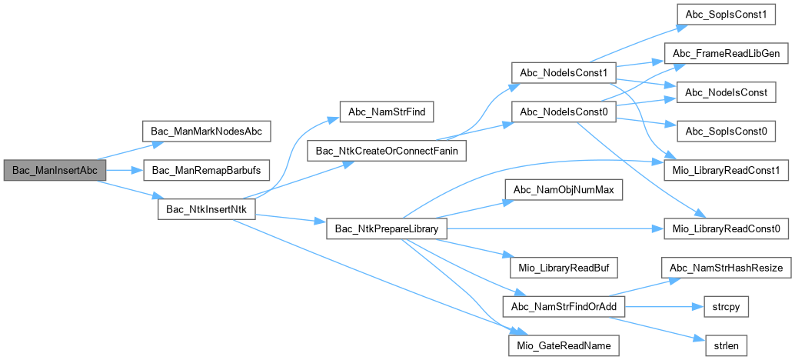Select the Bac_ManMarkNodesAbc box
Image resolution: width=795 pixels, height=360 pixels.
(x=206, y=131)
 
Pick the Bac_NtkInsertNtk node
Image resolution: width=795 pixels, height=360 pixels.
(x=205, y=209)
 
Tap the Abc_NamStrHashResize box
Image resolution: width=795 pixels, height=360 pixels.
(x=725, y=268)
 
